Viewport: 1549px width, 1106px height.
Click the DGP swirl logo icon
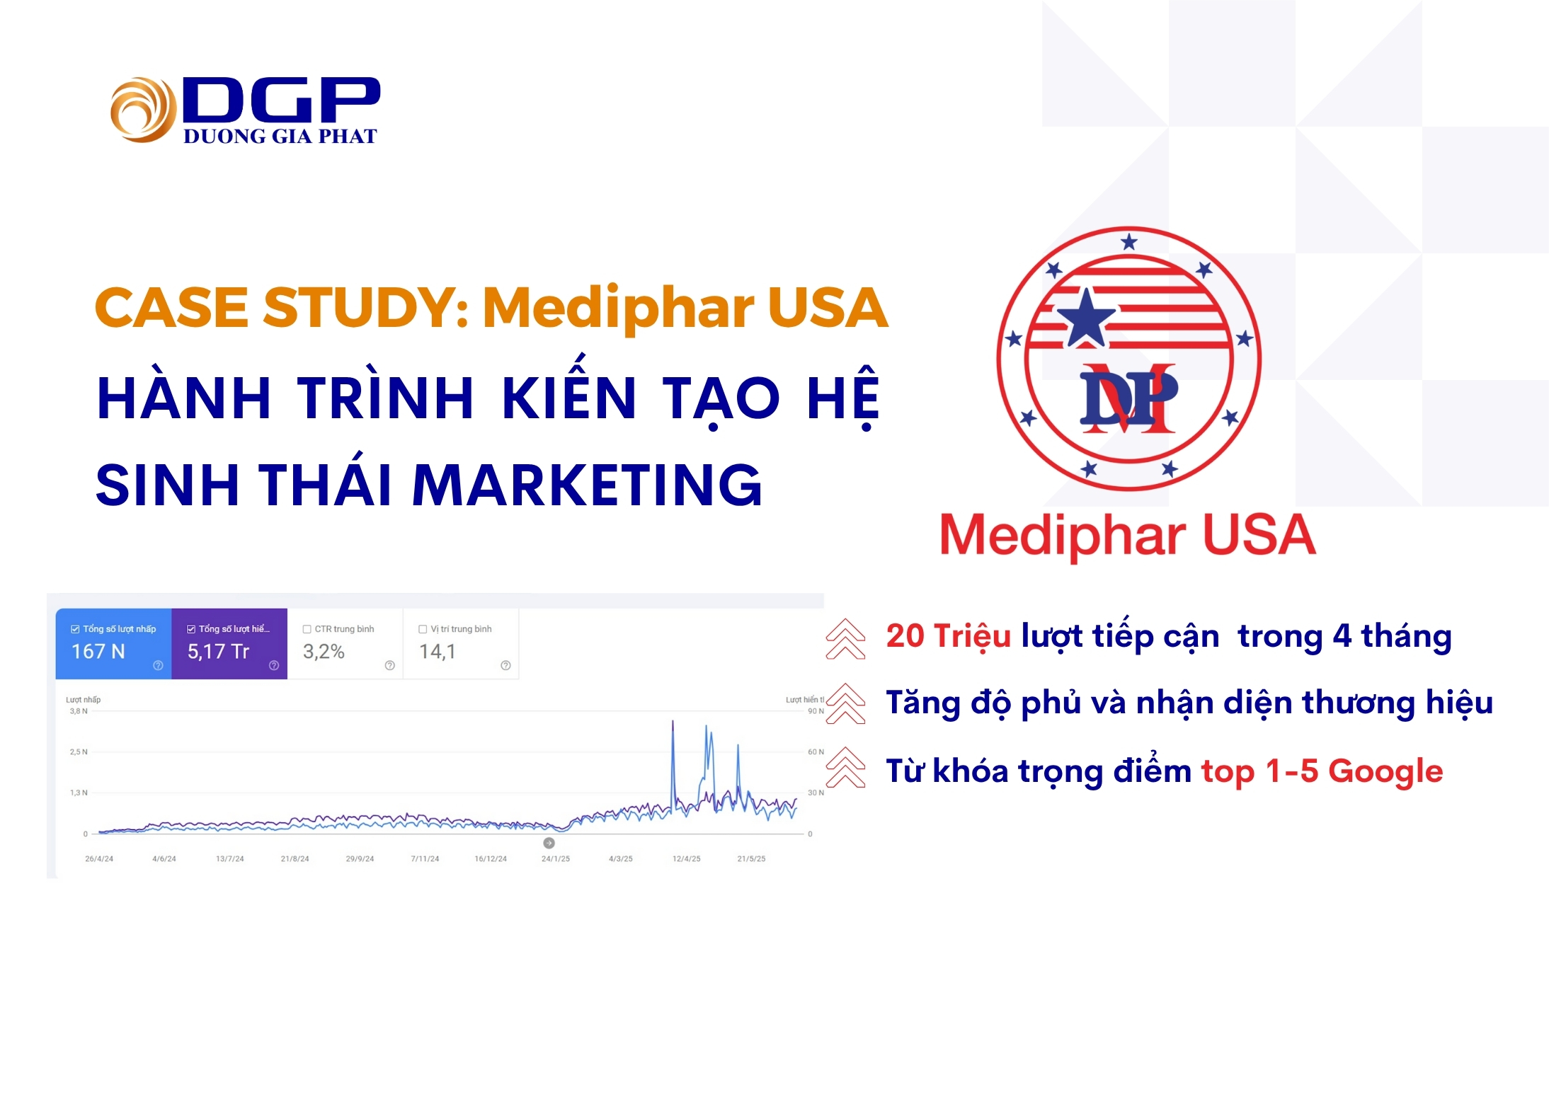point(143,110)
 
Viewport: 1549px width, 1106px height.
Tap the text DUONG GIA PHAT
point(280,136)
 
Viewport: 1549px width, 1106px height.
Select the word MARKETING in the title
point(587,485)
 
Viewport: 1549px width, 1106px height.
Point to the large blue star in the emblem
point(1085,318)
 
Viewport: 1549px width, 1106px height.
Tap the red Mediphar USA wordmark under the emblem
point(1128,535)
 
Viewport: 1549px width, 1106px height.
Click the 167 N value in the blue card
point(98,651)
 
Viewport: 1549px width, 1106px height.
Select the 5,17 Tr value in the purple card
point(218,651)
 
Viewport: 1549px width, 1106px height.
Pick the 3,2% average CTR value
point(324,651)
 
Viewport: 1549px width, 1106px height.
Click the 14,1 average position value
point(438,651)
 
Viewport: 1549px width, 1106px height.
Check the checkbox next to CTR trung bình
point(307,629)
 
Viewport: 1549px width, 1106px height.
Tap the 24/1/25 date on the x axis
point(556,858)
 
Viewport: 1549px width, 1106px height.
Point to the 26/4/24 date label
point(99,858)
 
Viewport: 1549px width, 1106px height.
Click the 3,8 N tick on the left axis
point(79,711)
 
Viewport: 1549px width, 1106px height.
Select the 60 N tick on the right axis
point(816,751)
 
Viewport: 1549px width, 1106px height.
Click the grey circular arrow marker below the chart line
point(549,843)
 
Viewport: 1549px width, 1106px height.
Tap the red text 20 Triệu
point(949,635)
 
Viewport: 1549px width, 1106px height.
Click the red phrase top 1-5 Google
point(1322,771)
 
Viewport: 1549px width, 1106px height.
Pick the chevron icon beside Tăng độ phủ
point(845,703)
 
